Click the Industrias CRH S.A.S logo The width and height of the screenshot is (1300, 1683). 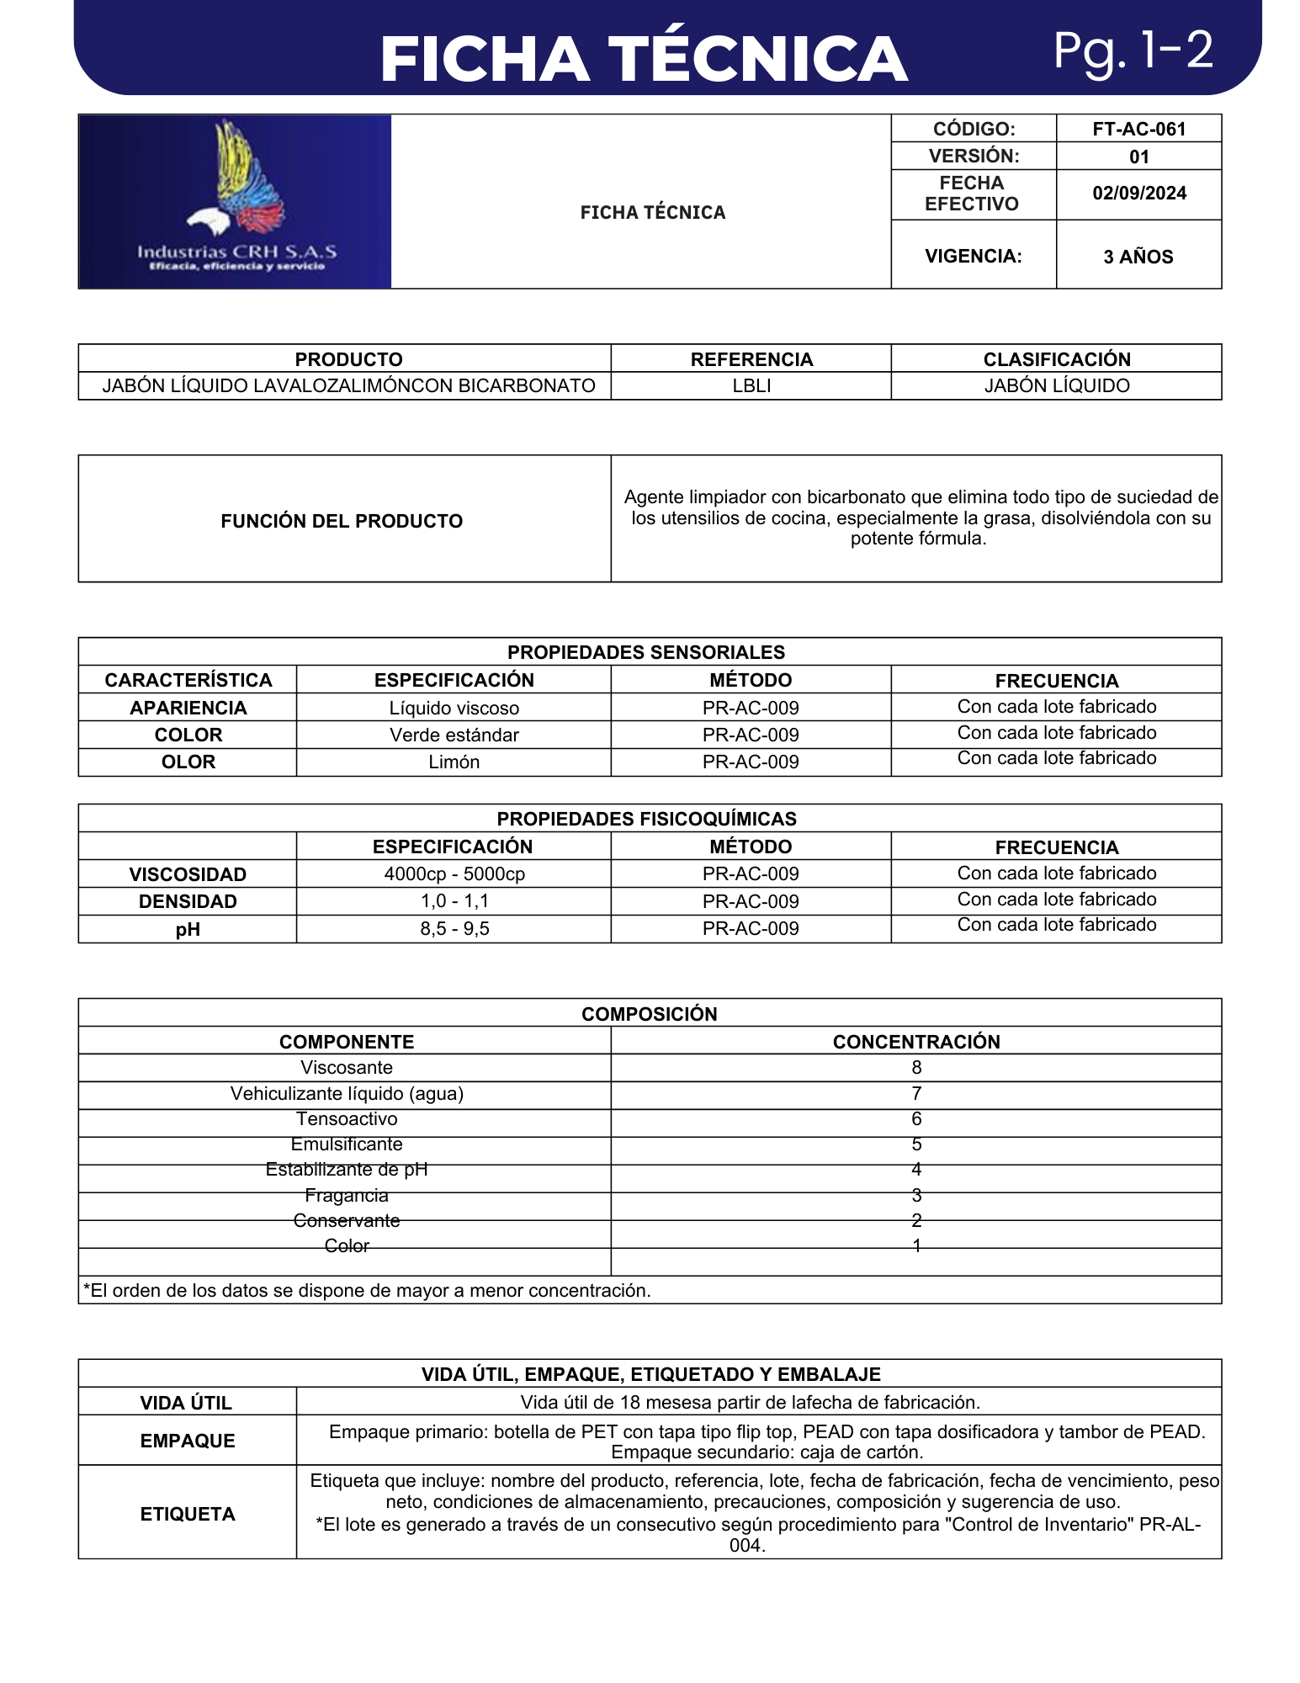(x=235, y=202)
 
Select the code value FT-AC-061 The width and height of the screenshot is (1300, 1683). (x=1138, y=129)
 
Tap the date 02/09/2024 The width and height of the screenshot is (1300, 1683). (x=1138, y=194)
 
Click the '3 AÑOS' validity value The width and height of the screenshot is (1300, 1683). (x=1138, y=257)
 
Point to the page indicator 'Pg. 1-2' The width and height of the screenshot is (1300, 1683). (x=1133, y=50)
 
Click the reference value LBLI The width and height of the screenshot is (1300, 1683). (x=751, y=386)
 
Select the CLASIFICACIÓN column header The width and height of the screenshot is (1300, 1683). (x=1056, y=359)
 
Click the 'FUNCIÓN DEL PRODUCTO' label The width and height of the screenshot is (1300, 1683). (x=342, y=521)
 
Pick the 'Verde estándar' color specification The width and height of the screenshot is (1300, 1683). (x=454, y=735)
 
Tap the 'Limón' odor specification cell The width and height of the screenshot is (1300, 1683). (x=454, y=762)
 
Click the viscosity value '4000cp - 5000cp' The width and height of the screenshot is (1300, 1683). (x=454, y=874)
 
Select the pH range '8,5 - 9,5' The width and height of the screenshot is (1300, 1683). (x=454, y=929)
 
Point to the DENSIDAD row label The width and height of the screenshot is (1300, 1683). (x=188, y=902)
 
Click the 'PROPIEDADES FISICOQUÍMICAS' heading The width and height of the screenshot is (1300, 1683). (x=646, y=819)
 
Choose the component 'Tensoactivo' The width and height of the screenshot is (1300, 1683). (x=347, y=1119)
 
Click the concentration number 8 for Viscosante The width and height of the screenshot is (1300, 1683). (x=916, y=1068)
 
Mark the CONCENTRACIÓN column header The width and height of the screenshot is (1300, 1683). (x=916, y=1042)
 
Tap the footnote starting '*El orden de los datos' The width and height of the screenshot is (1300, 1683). (x=367, y=1291)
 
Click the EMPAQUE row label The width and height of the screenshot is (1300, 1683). (x=188, y=1441)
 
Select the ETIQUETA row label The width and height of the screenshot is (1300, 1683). (x=188, y=1514)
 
